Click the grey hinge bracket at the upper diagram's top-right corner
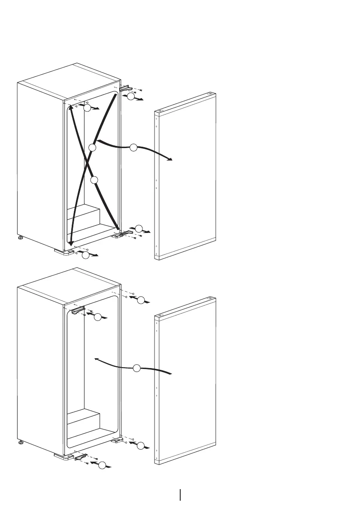126,88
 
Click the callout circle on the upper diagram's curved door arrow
133,148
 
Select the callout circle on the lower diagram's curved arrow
136,368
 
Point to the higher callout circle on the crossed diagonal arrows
92,148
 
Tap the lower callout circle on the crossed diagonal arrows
95,180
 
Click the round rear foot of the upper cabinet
20,237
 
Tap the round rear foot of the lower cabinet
20,442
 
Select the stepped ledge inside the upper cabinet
84,217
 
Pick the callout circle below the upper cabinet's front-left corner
86,256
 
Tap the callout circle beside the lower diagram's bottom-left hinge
101,466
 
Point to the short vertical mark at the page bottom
180,494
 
